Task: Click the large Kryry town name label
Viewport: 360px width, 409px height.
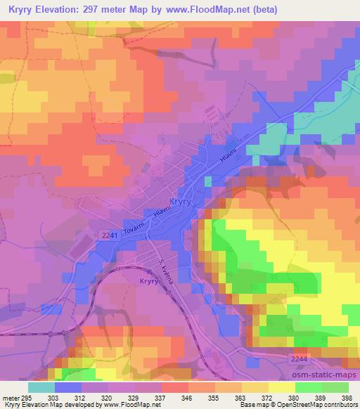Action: point(183,200)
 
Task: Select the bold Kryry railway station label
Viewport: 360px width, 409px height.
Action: point(143,280)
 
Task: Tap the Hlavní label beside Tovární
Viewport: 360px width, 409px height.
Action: point(164,211)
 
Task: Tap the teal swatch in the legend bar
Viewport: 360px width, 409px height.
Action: point(42,387)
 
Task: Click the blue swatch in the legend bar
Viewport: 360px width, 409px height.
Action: point(69,387)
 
